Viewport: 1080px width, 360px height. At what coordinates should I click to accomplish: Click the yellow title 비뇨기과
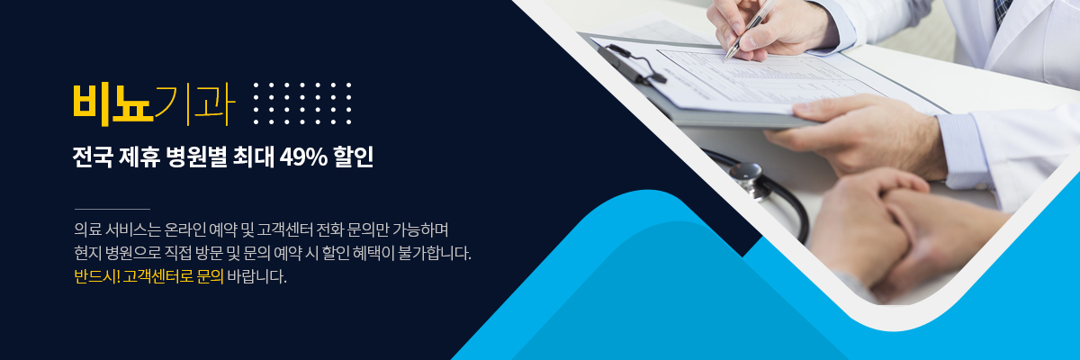point(154,104)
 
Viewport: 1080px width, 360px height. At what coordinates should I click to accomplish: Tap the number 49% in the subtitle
point(303,157)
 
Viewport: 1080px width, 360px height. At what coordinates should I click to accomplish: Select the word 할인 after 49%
point(354,157)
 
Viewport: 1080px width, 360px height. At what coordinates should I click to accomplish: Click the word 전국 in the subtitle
point(93,157)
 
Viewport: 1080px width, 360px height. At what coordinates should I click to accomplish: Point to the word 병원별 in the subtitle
point(196,157)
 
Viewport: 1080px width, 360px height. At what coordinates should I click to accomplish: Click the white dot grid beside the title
point(302,103)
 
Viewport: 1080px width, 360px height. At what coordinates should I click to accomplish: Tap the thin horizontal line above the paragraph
point(112,209)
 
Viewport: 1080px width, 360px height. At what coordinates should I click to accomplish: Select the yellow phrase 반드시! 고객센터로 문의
point(149,276)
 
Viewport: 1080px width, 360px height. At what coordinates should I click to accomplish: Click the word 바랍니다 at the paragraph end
point(256,276)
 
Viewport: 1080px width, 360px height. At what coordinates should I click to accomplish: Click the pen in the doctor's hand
point(751,29)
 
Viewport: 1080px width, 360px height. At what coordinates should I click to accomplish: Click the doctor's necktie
point(1003,11)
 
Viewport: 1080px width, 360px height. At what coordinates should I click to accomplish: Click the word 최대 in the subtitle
point(253,157)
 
